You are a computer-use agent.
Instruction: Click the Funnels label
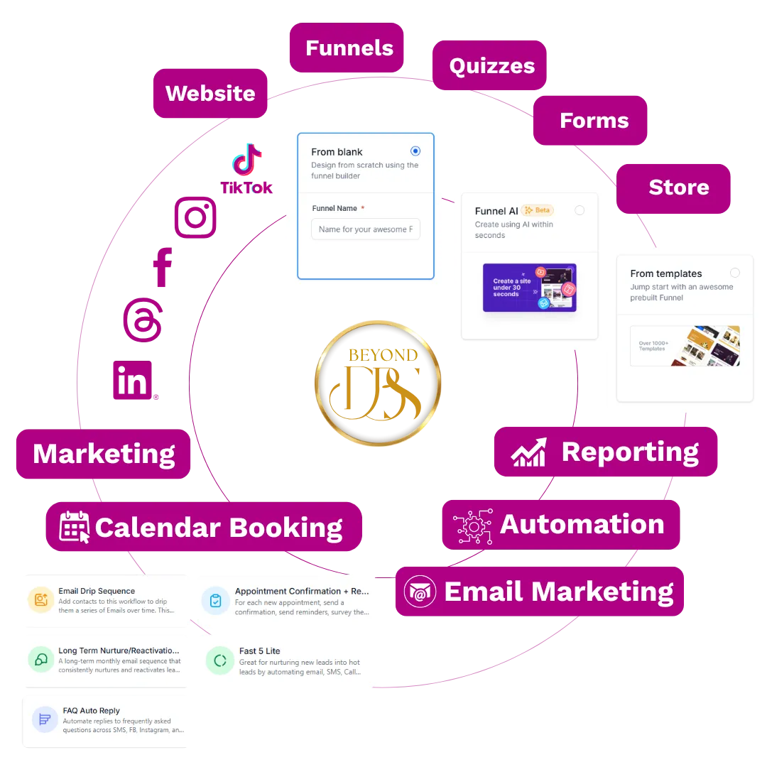[x=349, y=48]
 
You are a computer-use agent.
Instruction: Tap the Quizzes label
[x=491, y=66]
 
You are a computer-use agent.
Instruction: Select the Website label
[x=210, y=93]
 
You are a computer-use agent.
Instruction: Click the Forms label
[x=594, y=121]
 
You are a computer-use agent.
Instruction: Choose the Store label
[x=678, y=187]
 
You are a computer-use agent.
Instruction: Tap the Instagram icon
[x=195, y=217]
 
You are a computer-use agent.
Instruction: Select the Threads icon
[x=143, y=321]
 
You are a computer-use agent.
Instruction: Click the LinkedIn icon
[x=134, y=380]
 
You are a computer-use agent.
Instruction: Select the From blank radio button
[x=415, y=151]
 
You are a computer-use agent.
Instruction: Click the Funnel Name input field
[x=365, y=229]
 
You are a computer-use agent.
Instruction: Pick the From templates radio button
[x=734, y=273]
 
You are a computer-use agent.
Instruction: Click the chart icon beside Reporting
[x=530, y=452]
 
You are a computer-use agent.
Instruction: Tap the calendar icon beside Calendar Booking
[x=74, y=527]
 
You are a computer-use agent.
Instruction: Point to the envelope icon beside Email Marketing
[x=420, y=592]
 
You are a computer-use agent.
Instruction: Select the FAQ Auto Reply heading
[x=91, y=710]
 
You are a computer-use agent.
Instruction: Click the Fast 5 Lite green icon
[x=219, y=661]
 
